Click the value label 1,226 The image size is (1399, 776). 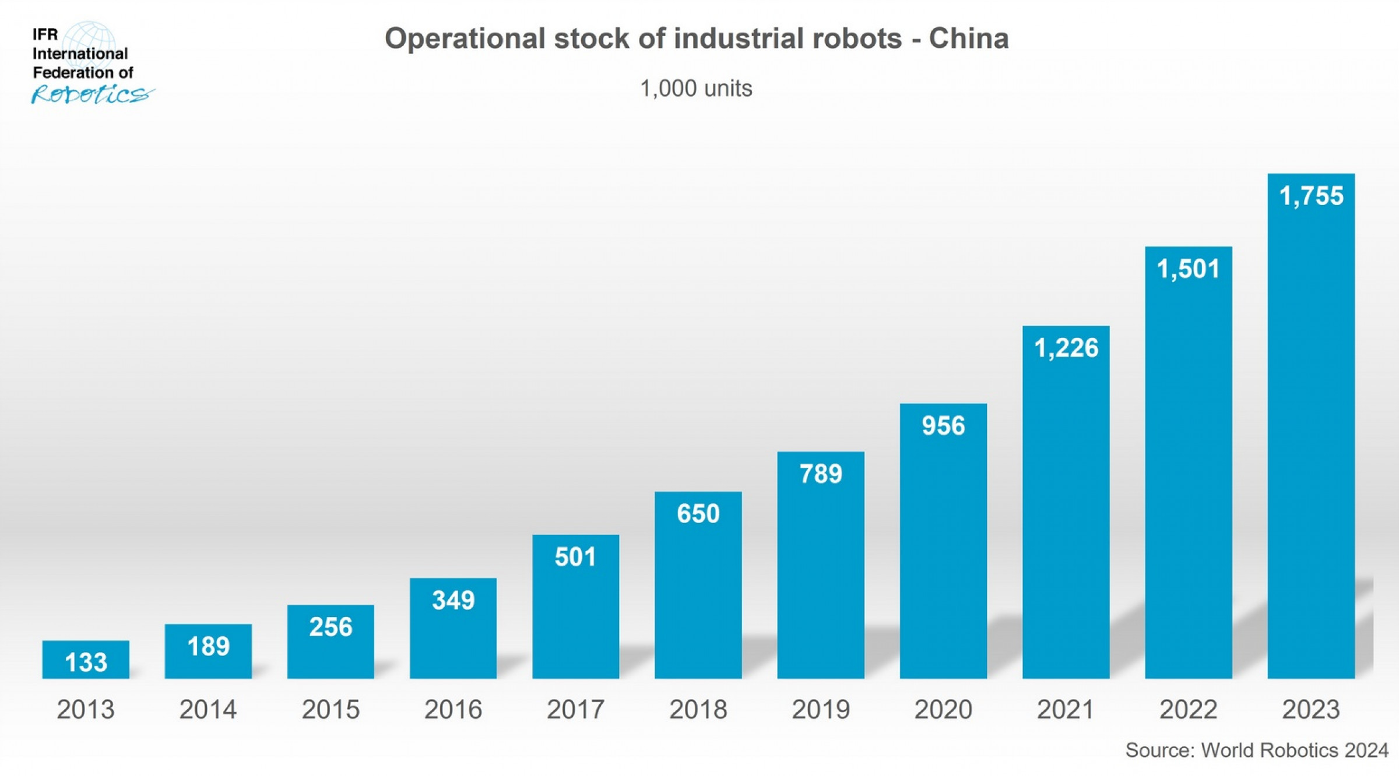[x=1066, y=348]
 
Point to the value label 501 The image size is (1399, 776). [x=575, y=557]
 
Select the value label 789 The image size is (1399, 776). [x=820, y=474]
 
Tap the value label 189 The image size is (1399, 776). [x=208, y=646]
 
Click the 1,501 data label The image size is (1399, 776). [x=1188, y=269]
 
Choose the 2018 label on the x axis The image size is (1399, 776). [x=698, y=710]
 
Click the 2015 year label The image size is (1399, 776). [x=331, y=710]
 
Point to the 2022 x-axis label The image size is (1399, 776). [x=1188, y=710]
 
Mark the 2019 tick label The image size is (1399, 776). [x=820, y=710]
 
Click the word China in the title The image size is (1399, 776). [x=968, y=39]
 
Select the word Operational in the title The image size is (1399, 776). [x=465, y=39]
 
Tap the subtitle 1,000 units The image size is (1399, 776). [x=696, y=89]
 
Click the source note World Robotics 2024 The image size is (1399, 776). [x=1294, y=750]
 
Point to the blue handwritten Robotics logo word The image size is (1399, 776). [x=92, y=94]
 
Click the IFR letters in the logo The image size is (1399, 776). [x=45, y=34]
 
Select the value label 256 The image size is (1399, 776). [x=331, y=627]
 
